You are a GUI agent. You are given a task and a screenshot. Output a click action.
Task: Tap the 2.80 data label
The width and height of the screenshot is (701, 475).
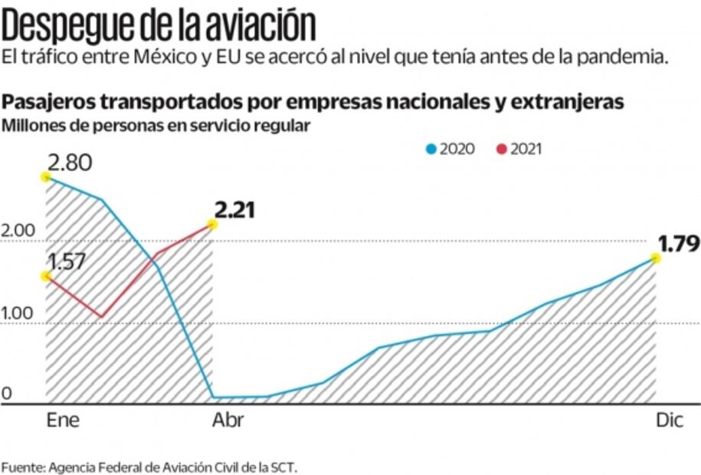point(70,162)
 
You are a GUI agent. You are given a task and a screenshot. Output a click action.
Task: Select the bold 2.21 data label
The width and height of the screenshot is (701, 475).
point(235,210)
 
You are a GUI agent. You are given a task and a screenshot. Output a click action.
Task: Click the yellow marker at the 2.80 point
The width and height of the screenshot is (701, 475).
point(46,177)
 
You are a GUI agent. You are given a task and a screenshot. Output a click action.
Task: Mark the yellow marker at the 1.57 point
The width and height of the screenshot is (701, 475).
point(46,277)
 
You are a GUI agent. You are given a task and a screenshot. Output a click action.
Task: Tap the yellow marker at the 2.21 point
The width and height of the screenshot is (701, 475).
point(211,224)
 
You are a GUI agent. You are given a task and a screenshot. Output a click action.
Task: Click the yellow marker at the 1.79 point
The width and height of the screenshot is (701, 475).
point(656,258)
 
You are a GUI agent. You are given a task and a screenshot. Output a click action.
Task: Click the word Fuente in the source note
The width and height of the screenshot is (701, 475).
point(22,467)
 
